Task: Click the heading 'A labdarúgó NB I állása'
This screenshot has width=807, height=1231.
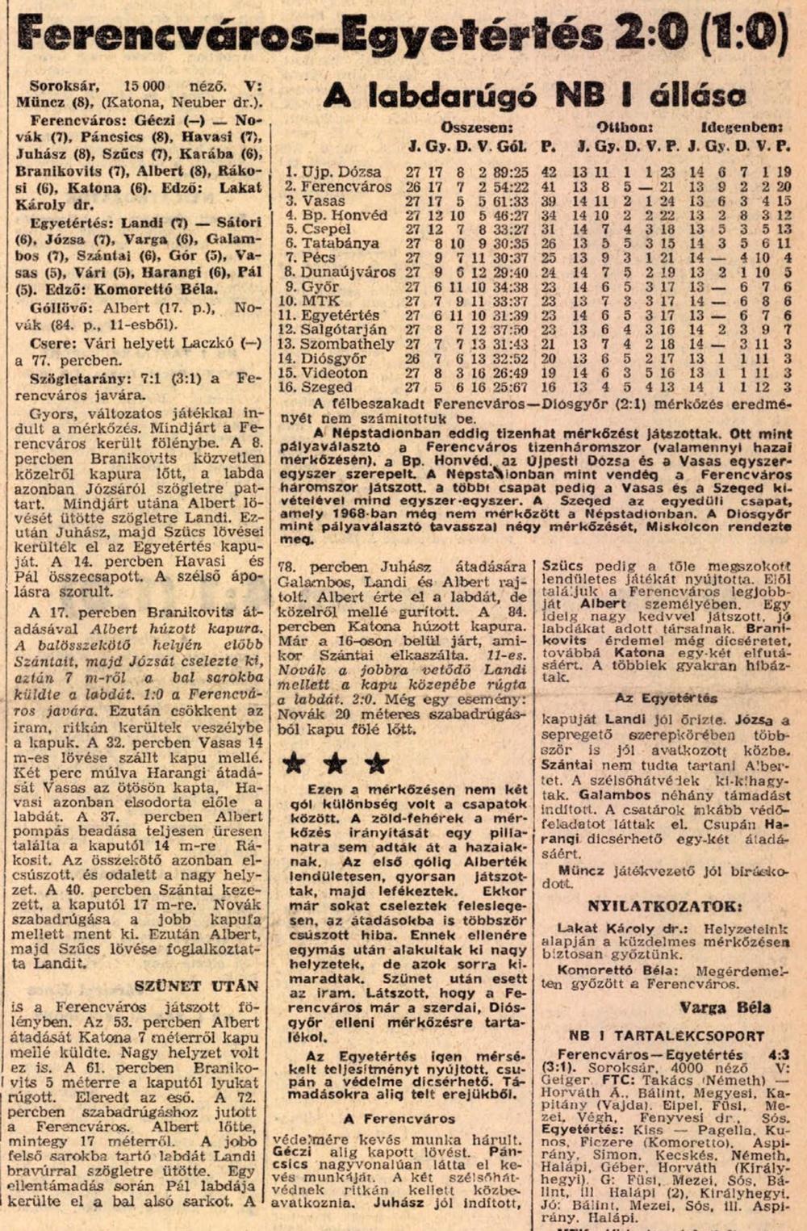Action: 534,96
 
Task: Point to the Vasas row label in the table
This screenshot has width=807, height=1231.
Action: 324,201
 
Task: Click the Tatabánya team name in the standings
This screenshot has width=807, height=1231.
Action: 340,243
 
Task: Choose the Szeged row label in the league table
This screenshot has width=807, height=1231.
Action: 327,387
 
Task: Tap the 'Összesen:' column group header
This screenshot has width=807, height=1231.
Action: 477,128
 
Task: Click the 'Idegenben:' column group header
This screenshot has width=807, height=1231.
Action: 742,128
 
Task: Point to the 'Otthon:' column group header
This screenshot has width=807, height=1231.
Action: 625,128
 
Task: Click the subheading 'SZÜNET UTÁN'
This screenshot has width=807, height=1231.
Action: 197,986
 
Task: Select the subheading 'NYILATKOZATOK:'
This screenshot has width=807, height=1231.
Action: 663,906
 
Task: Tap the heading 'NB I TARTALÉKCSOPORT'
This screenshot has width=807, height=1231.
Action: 667,1036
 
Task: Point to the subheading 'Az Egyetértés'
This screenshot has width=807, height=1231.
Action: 666,698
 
